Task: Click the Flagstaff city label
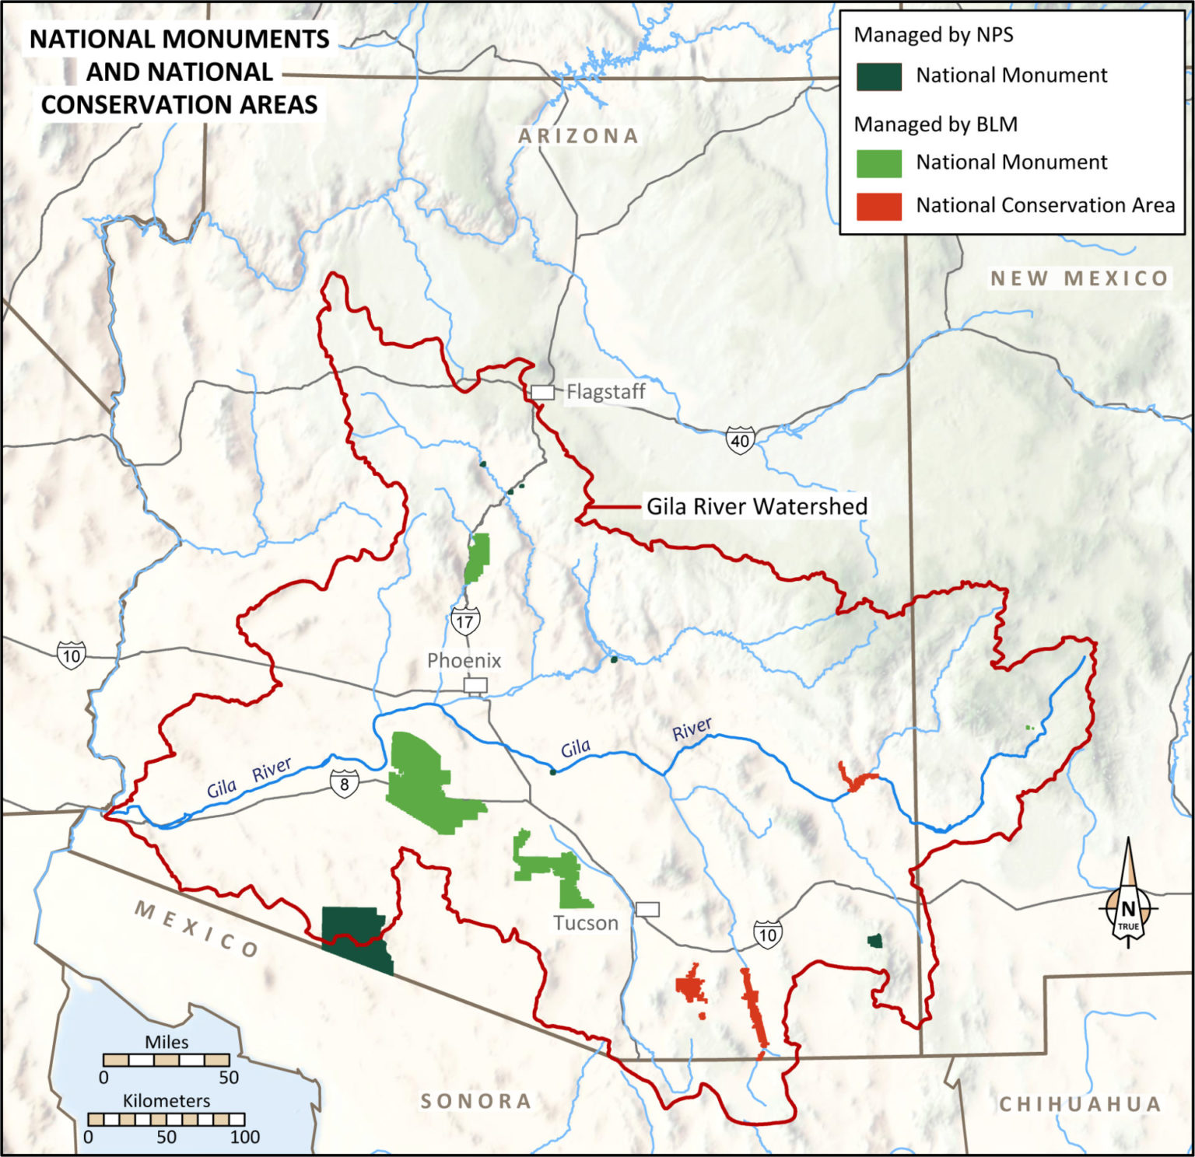(605, 392)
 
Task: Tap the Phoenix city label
(464, 661)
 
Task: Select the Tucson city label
(585, 923)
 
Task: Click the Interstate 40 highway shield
(740, 441)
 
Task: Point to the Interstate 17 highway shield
(464, 621)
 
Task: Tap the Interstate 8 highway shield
(345, 784)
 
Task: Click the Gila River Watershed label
(756, 507)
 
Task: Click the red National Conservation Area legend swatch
(878, 206)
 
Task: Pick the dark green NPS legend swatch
(878, 76)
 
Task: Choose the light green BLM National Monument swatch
(878, 163)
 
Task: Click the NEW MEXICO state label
(1079, 278)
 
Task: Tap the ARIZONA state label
(578, 136)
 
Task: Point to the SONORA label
(476, 1101)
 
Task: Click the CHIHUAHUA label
(1079, 1104)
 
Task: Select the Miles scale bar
(166, 1060)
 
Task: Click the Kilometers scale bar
(166, 1120)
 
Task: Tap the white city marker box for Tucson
(647, 910)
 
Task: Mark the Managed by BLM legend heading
(935, 124)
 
